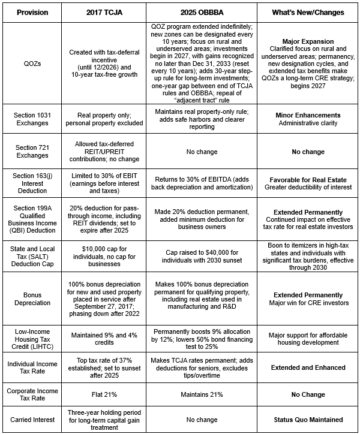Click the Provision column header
click(x=32, y=11)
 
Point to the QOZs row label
click(x=32, y=64)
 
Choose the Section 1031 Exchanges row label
click(x=32, y=119)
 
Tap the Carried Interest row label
click(x=32, y=420)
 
